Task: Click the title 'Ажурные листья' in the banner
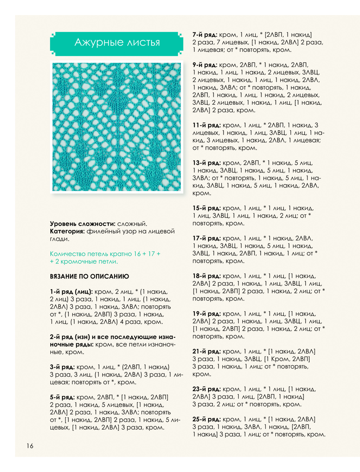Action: (x=117, y=43)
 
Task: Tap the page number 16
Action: (x=30, y=446)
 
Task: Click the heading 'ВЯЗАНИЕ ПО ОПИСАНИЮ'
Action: (x=89, y=276)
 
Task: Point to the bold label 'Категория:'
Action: (x=67, y=231)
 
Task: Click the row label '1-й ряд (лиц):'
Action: (x=71, y=292)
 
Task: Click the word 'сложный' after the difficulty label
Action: (x=132, y=224)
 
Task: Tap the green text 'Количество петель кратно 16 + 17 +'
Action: (x=105, y=254)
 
